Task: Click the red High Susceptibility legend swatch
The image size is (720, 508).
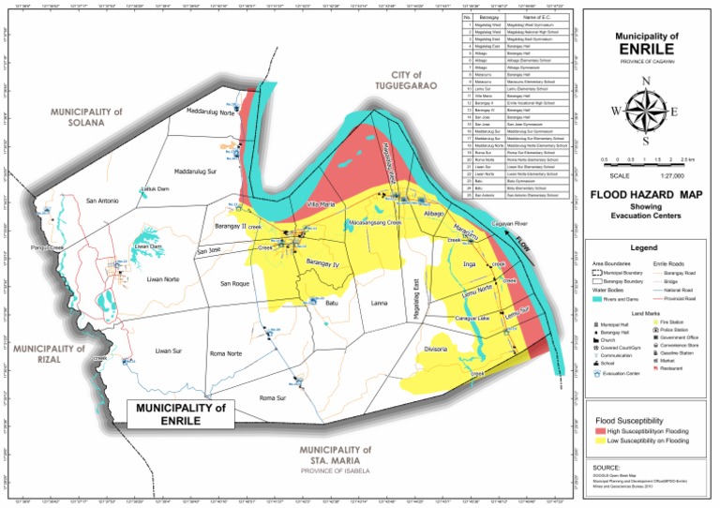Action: [600, 430]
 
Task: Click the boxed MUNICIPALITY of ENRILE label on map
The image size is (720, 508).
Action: [181, 413]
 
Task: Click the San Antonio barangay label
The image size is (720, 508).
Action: [103, 201]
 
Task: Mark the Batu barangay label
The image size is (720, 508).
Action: [331, 303]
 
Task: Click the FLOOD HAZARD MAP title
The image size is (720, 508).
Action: [645, 195]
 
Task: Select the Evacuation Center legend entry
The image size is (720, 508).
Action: [622, 372]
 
